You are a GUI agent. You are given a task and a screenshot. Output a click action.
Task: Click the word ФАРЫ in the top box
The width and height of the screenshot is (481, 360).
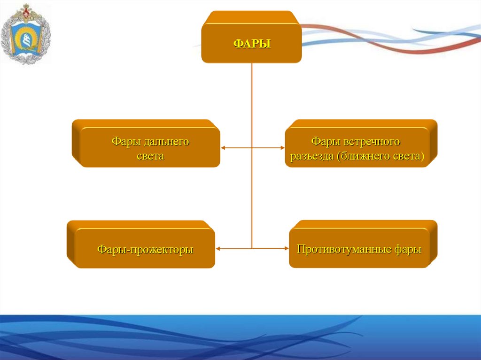click(252, 44)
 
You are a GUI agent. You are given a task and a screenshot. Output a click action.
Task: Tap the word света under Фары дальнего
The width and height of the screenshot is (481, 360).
click(150, 156)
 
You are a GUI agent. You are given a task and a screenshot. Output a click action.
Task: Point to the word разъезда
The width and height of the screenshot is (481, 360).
click(311, 156)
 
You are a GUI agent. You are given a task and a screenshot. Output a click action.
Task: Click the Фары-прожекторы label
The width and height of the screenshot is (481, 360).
click(145, 249)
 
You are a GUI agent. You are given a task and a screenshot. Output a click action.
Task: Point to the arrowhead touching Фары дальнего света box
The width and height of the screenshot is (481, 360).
click(223, 148)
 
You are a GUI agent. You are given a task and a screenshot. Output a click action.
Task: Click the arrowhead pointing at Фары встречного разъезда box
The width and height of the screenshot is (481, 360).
click(283, 148)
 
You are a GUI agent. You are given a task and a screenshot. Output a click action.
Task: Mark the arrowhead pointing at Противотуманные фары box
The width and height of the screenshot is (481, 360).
click(286, 248)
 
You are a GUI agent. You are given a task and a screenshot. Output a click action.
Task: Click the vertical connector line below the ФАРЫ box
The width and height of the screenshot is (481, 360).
click(252, 103)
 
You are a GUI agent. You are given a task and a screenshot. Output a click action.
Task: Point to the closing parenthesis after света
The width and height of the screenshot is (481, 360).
click(422, 156)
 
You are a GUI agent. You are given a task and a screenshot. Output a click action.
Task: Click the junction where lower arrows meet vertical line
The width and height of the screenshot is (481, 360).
click(252, 248)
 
